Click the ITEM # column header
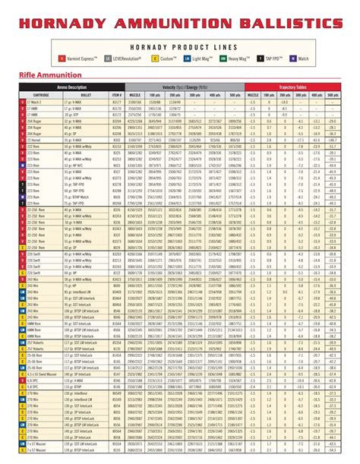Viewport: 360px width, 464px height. (x=117, y=96)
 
